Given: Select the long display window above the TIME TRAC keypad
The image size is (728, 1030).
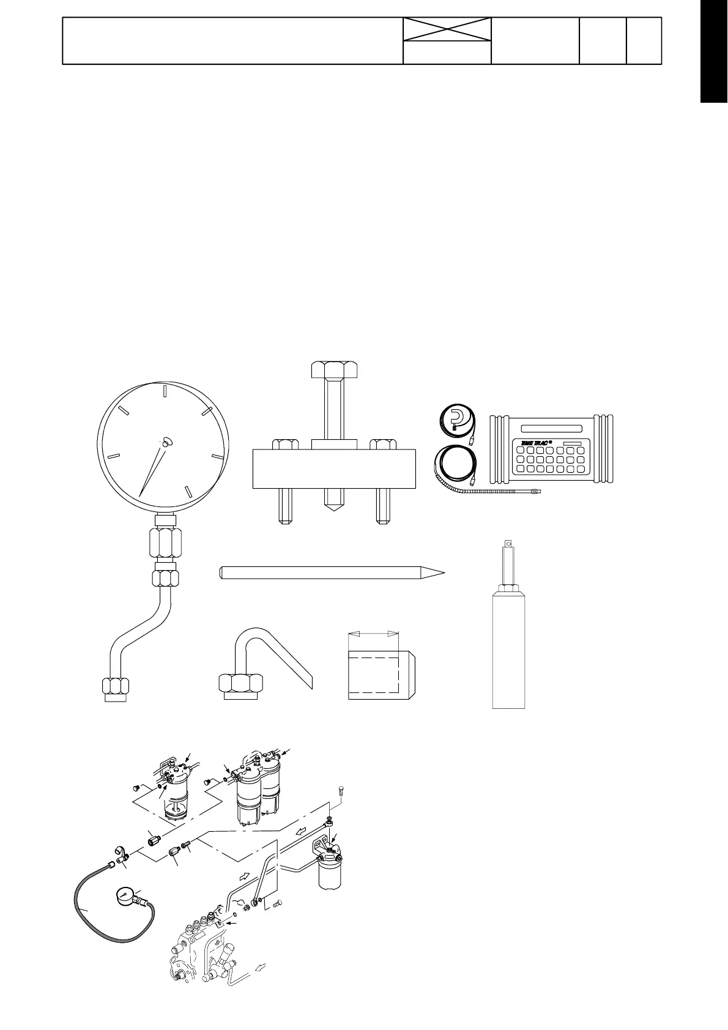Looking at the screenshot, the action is [551, 428].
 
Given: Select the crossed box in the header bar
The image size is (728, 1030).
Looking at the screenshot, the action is [447, 29].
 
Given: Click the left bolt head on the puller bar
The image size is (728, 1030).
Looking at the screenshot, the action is [284, 444].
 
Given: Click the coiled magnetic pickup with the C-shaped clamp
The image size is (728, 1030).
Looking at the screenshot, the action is [454, 422].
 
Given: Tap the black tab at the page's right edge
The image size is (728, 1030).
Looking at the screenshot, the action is [713, 52].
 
